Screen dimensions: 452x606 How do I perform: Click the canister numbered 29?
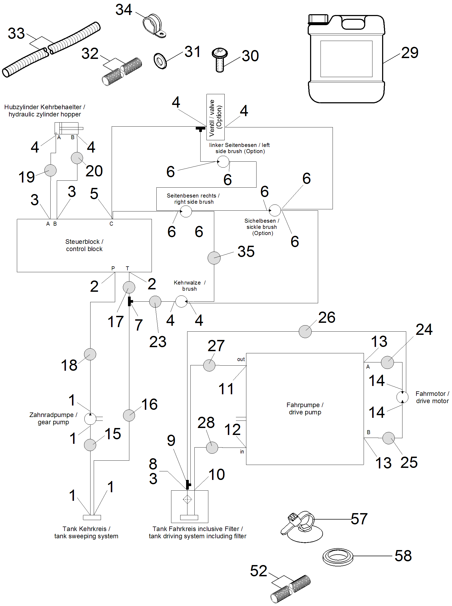pyautogui.click(x=346, y=59)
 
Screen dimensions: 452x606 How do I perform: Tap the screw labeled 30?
pyautogui.click(x=219, y=60)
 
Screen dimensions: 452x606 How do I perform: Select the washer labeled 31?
pyautogui.click(x=160, y=61)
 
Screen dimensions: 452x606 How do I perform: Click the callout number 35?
pyautogui.click(x=246, y=252)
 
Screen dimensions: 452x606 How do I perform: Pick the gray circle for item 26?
pyautogui.click(x=305, y=331)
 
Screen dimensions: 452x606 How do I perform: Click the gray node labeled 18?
pyautogui.click(x=90, y=354)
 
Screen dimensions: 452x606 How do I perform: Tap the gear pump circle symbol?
pyautogui.click(x=90, y=419)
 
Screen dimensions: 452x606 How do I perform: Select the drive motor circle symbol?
pyautogui.click(x=402, y=397)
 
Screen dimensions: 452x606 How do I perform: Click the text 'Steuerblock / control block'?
pyautogui.click(x=84, y=245)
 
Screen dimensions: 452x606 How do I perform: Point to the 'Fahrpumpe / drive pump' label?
pyautogui.click(x=305, y=408)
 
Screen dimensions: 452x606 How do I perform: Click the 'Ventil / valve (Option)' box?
pyautogui.click(x=216, y=117)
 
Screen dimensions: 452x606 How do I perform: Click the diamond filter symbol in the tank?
pyautogui.click(x=187, y=499)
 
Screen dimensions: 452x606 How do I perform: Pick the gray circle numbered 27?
pyautogui.click(x=209, y=365)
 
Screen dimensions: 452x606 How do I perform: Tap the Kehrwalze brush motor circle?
pyautogui.click(x=181, y=302)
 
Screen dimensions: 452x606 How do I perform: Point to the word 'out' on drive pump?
pyautogui.click(x=241, y=359)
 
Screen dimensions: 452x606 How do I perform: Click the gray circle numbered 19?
pyautogui.click(x=50, y=170)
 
